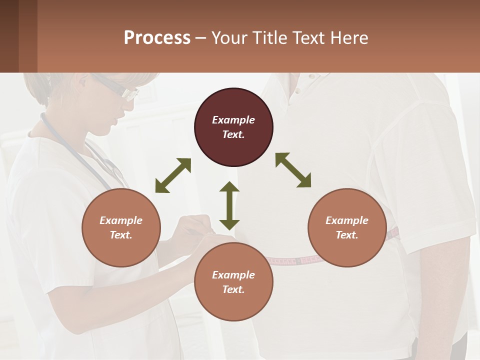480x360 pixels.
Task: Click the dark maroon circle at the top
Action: (233, 127)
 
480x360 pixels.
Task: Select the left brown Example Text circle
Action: (121, 227)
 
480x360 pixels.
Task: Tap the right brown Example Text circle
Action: (347, 227)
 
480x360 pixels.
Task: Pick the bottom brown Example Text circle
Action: (233, 282)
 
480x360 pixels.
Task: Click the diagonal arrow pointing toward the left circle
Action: (173, 175)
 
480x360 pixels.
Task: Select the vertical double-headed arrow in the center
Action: (229, 205)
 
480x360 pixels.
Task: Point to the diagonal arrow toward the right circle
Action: (293, 170)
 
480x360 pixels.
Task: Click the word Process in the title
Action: (157, 37)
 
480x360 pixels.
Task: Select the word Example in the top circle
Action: (233, 120)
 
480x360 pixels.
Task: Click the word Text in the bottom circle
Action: (233, 289)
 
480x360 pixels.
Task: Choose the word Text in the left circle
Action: (121, 235)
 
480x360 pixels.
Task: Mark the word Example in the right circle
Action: (347, 220)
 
